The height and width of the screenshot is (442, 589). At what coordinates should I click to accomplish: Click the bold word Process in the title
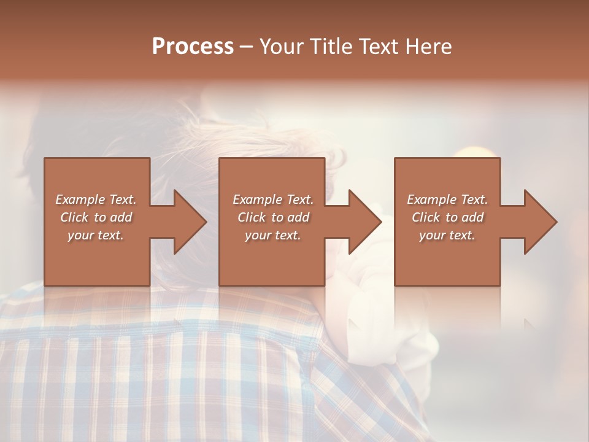pos(193,47)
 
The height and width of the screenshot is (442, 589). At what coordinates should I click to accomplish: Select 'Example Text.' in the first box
pos(96,200)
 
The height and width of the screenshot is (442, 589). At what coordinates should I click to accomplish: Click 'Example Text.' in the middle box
pos(273,200)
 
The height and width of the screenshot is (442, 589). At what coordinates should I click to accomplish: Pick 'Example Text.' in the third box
pos(447,200)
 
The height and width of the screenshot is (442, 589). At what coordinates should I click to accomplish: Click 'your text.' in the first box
pos(96,235)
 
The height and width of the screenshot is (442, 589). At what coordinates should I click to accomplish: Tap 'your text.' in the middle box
pos(273,235)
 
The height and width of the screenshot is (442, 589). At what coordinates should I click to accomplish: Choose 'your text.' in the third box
pos(447,235)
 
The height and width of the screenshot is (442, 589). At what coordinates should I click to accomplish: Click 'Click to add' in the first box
pos(96,217)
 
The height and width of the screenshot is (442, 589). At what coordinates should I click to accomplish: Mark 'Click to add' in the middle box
pos(273,217)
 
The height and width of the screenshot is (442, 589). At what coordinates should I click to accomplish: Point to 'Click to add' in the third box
pos(447,217)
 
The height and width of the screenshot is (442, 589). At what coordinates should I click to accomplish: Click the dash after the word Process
pos(247,47)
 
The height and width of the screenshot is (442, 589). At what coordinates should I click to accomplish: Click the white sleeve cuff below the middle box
pos(368,319)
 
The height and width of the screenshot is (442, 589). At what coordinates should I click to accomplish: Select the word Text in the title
pos(375,47)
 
